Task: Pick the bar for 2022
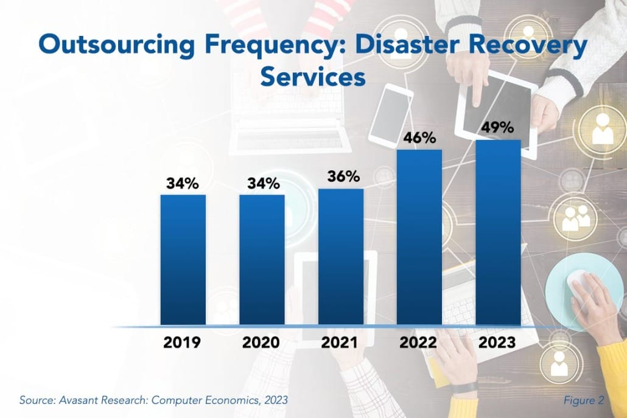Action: pos(419,237)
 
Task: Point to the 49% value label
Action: pos(498,128)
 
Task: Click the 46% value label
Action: pos(419,138)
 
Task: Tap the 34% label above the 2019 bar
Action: pos(183,183)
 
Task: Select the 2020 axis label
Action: pos(262,342)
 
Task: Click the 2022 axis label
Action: pos(419,342)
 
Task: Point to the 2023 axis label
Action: pos(498,342)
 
